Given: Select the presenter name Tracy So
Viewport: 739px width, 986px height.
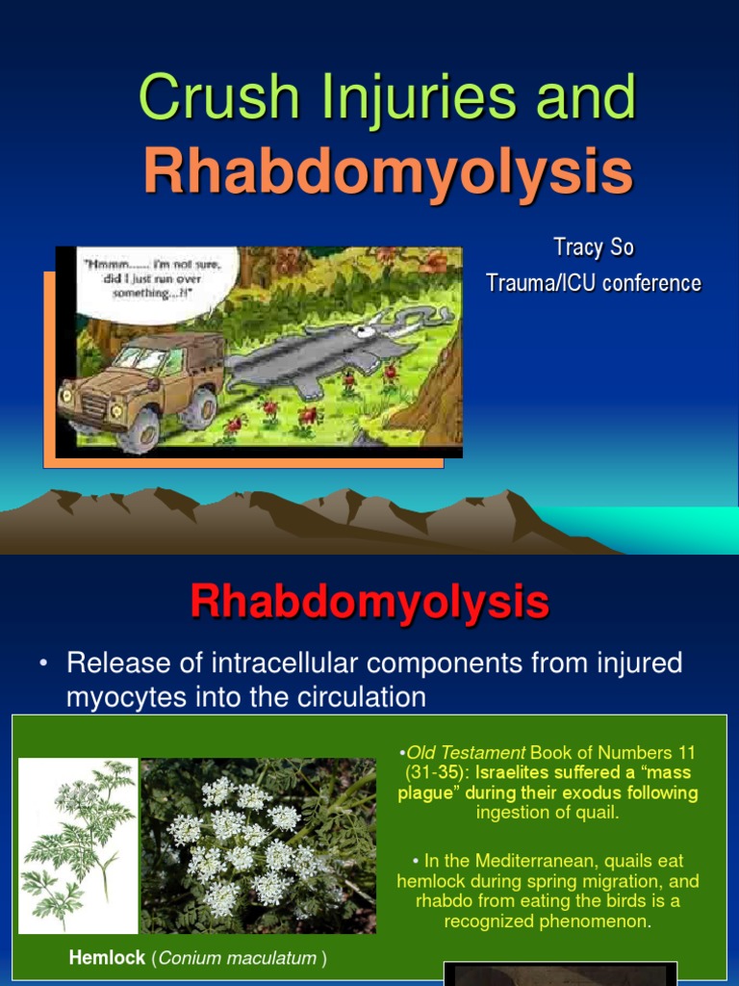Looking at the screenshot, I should click(593, 247).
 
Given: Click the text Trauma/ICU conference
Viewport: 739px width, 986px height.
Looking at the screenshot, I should click(593, 283).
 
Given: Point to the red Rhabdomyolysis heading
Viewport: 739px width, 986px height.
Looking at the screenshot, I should click(369, 603).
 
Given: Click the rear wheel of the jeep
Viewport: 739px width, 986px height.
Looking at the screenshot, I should click(201, 406).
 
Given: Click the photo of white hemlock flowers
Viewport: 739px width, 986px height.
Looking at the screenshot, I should click(258, 845).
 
